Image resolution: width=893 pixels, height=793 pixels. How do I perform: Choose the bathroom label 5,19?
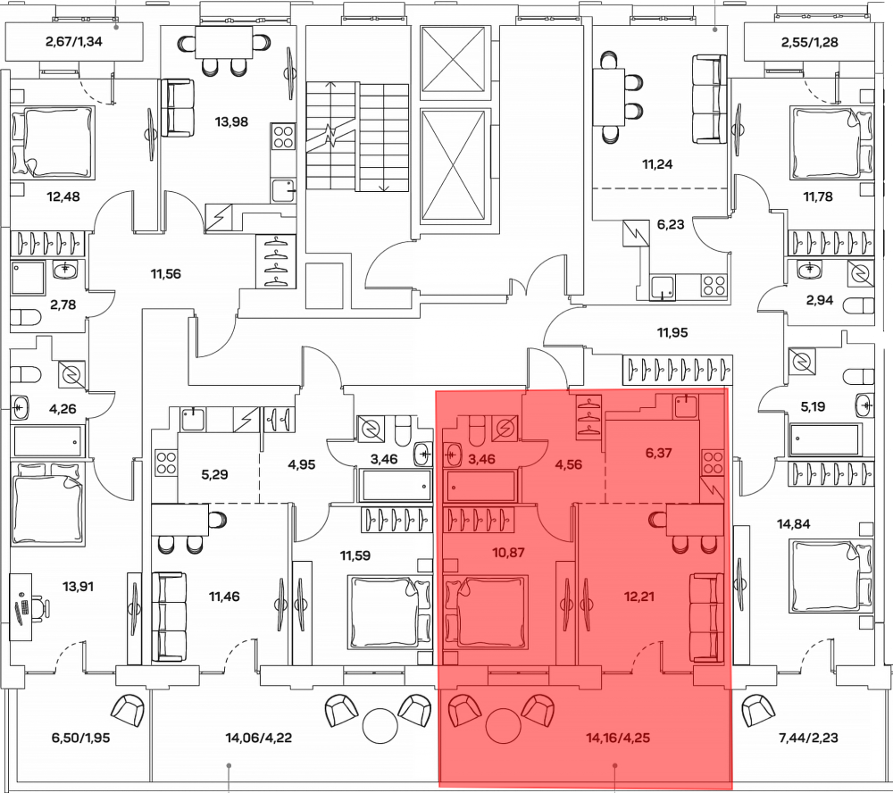click(x=813, y=406)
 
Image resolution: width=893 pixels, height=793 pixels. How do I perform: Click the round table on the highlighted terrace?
click(x=503, y=724)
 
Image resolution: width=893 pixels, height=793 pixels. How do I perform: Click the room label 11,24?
click(x=659, y=163)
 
